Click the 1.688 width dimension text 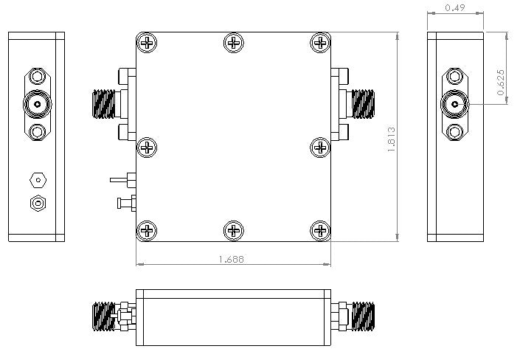[x=232, y=259]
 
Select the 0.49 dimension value [x=455, y=8]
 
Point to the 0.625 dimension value [x=502, y=82]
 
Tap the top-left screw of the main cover [x=148, y=43]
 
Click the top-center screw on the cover [x=233, y=43]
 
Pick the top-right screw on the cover [x=319, y=43]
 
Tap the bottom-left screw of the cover [x=148, y=230]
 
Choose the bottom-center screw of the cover [x=233, y=230]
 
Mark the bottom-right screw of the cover [x=319, y=230]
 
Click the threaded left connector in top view [x=104, y=104]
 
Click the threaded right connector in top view [x=364, y=104]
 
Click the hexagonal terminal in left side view [x=37, y=179]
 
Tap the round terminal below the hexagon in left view [x=37, y=203]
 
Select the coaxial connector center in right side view [x=455, y=105]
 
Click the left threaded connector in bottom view [x=104, y=317]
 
